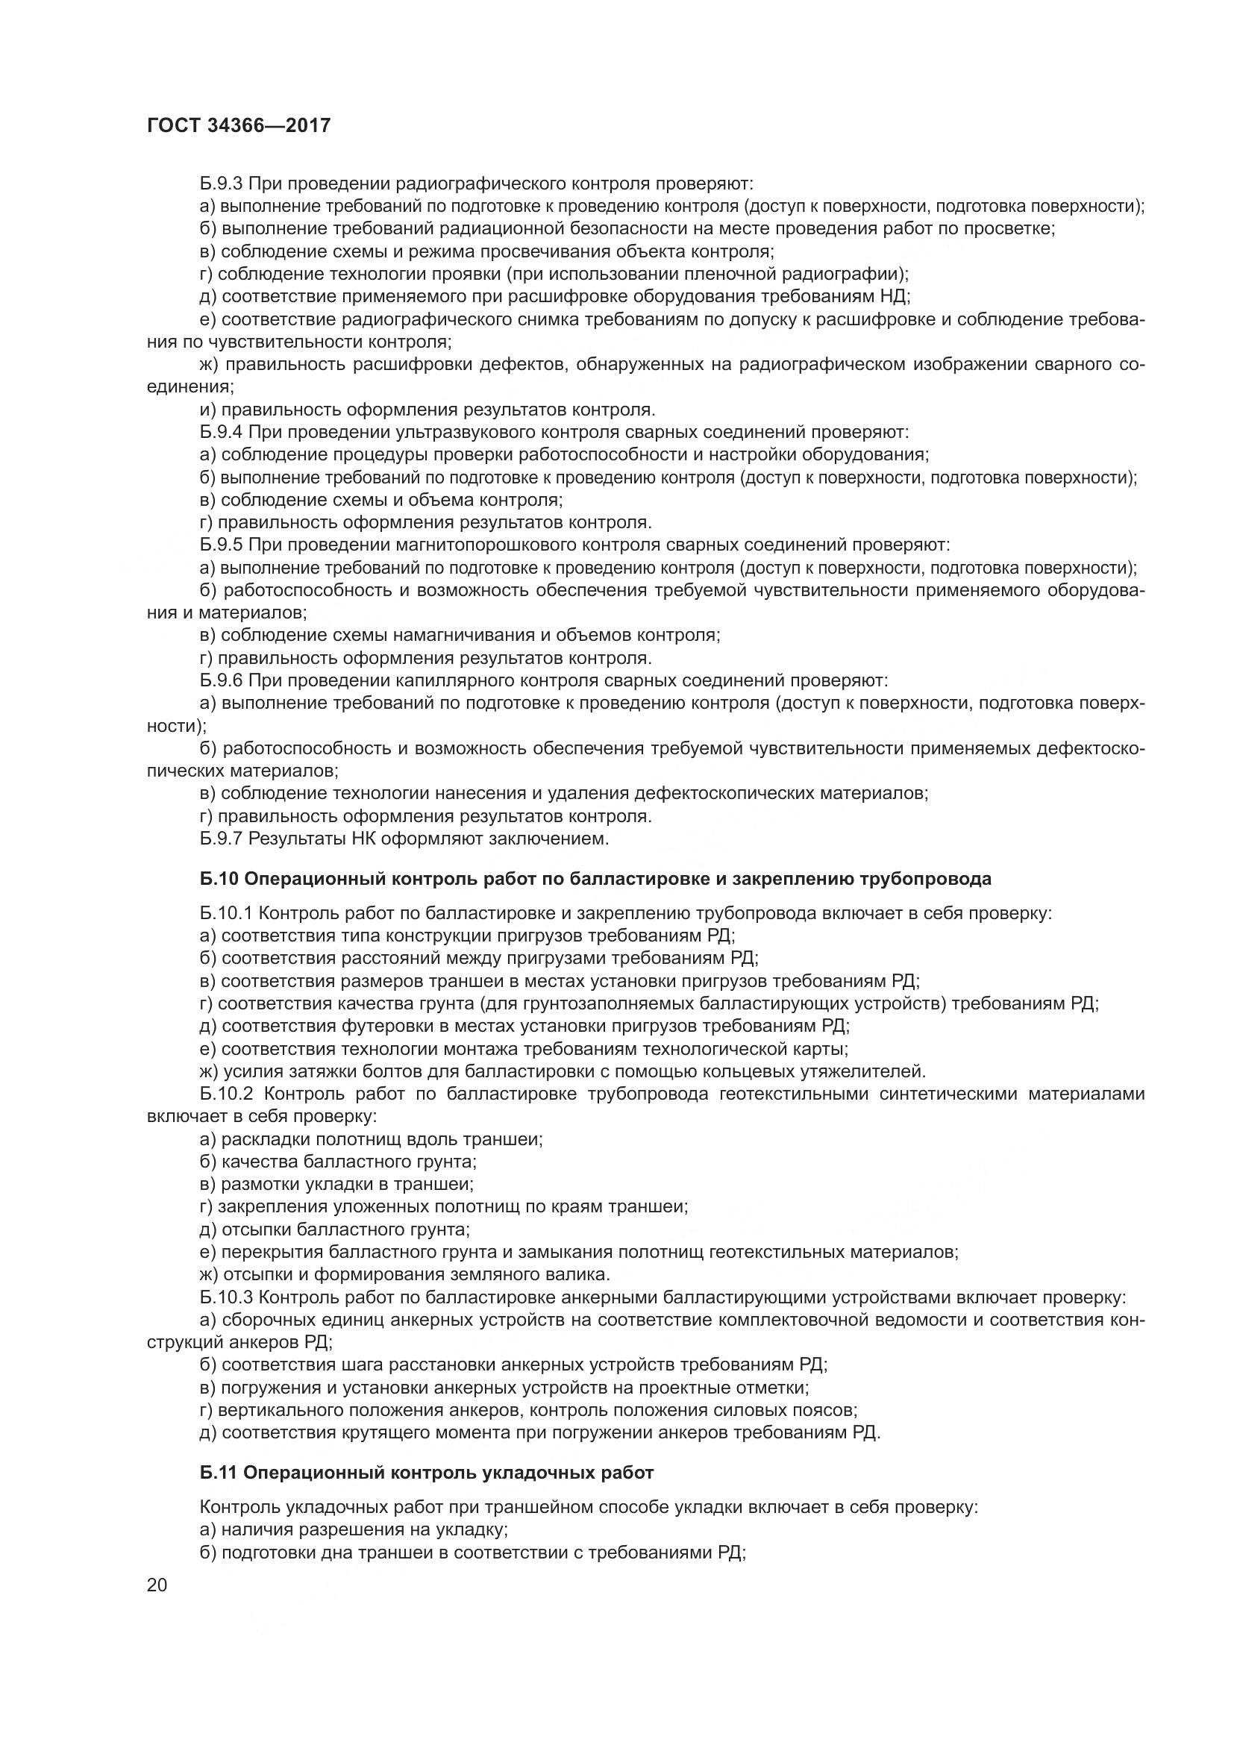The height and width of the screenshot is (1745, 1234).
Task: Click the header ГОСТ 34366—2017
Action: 239,125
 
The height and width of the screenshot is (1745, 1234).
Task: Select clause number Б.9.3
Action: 221,184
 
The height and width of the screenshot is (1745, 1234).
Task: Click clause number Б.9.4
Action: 221,433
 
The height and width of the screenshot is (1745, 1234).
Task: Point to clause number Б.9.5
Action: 221,545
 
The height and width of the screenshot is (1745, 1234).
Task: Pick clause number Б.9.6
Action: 221,680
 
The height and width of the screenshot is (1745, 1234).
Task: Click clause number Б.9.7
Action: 221,839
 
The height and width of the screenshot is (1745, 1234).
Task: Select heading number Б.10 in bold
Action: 219,880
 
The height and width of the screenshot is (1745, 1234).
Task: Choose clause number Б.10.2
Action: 228,1094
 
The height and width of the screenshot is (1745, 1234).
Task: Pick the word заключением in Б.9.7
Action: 560,839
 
